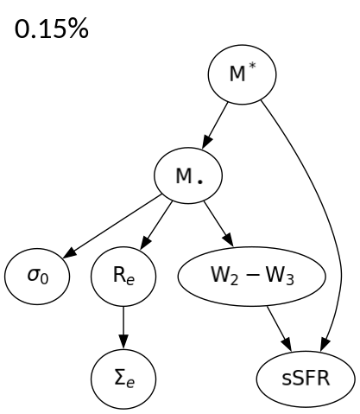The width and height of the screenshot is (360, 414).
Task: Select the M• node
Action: click(188, 177)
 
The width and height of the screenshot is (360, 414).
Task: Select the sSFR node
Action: click(294, 378)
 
